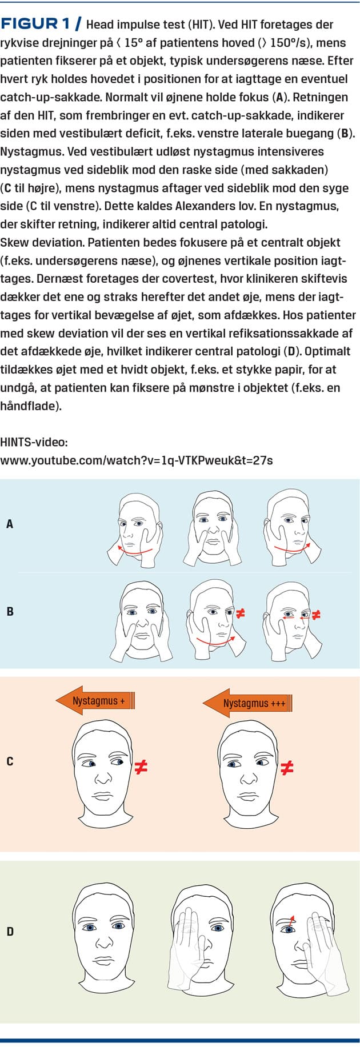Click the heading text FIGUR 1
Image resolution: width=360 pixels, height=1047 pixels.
click(x=38, y=24)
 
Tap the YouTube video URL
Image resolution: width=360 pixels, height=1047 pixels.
click(x=137, y=459)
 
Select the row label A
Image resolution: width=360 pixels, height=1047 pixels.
click(x=10, y=523)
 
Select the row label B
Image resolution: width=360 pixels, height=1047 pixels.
click(x=10, y=611)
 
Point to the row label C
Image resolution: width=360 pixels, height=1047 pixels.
click(x=10, y=761)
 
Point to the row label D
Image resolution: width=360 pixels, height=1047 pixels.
click(x=10, y=932)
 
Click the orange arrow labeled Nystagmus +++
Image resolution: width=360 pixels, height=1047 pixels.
click(x=248, y=702)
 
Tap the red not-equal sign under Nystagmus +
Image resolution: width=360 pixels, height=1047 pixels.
click(x=141, y=768)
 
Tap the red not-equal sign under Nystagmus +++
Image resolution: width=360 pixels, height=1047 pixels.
click(x=287, y=768)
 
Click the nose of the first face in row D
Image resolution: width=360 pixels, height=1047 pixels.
click(x=102, y=942)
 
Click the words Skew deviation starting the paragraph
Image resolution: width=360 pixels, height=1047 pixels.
click(x=42, y=242)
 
